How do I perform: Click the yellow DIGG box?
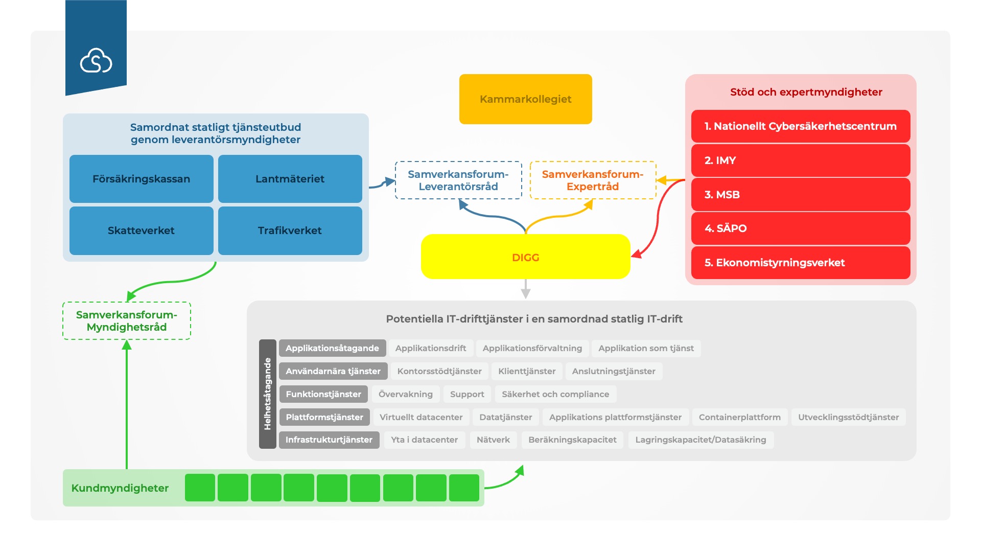click(525, 257)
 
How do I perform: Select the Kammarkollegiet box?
click(525, 99)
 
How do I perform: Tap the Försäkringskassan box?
click(141, 179)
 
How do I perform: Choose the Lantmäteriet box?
click(290, 179)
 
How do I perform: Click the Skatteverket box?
click(141, 231)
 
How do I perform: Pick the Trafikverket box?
click(290, 231)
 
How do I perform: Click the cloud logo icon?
click(96, 61)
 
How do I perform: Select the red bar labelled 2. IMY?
click(800, 160)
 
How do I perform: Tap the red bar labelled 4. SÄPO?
click(800, 228)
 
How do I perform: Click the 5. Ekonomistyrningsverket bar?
click(800, 263)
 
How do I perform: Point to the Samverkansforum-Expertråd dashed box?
click(593, 180)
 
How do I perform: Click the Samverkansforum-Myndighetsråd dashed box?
click(127, 321)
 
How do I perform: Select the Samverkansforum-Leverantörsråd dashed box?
click(458, 180)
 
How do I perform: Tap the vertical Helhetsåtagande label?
click(267, 394)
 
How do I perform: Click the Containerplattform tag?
click(739, 417)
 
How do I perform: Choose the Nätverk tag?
click(493, 440)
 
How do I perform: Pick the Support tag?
click(467, 394)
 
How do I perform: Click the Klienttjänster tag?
click(527, 371)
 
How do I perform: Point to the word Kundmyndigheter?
click(120, 488)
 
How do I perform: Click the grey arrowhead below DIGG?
click(525, 293)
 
